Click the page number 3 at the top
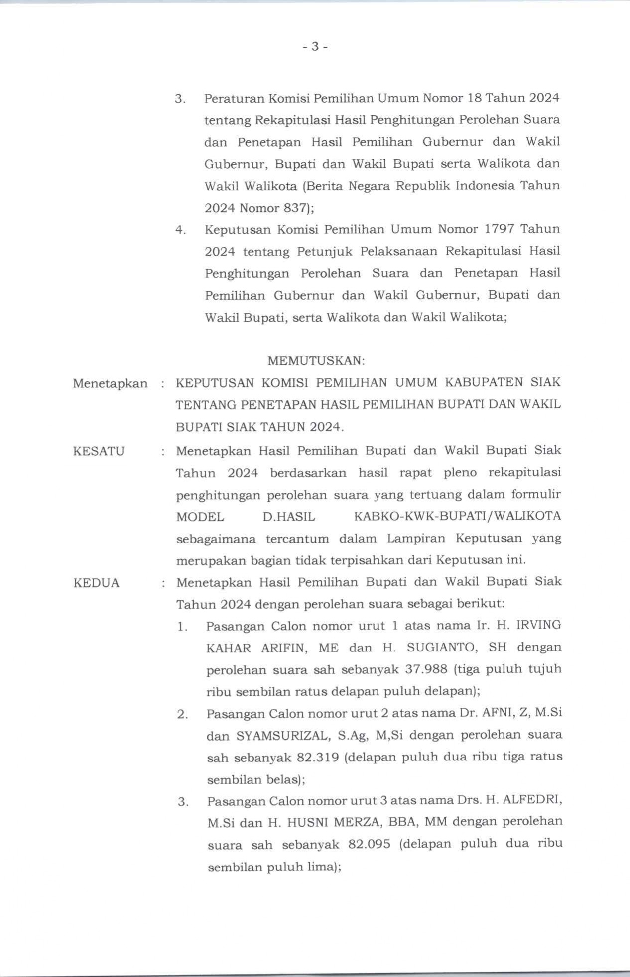[x=315, y=47]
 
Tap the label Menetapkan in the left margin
[x=110, y=383]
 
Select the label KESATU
[x=99, y=451]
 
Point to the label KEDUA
[x=97, y=583]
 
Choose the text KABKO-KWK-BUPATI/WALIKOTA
[x=457, y=516]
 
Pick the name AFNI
[x=496, y=713]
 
